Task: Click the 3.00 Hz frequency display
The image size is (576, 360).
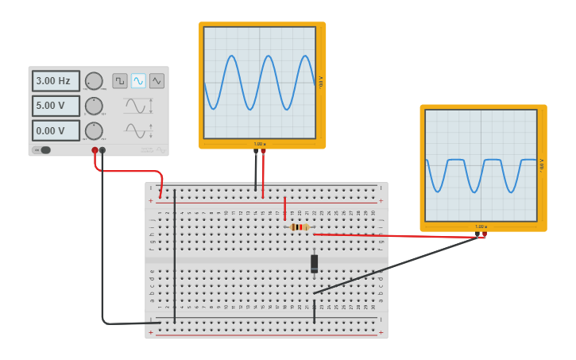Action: click(x=56, y=81)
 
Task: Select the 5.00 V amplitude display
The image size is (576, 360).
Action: click(x=56, y=106)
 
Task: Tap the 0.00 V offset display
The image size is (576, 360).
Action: click(x=56, y=130)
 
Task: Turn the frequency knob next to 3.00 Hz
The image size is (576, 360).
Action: click(x=94, y=81)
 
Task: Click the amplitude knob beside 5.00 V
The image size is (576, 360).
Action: click(x=94, y=106)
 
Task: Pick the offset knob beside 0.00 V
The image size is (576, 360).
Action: click(x=94, y=130)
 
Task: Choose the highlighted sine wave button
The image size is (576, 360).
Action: click(x=138, y=80)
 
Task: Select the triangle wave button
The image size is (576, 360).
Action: click(x=157, y=80)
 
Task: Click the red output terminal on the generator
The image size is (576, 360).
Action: click(x=95, y=149)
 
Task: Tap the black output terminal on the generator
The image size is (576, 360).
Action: click(x=102, y=149)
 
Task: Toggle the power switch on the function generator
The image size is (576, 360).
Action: click(x=43, y=149)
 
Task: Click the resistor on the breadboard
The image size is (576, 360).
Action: click(x=300, y=226)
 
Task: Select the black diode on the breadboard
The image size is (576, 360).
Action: click(x=314, y=263)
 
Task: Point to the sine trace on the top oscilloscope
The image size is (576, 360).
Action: click(x=230, y=56)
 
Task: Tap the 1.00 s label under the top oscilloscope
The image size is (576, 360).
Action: click(x=260, y=144)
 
